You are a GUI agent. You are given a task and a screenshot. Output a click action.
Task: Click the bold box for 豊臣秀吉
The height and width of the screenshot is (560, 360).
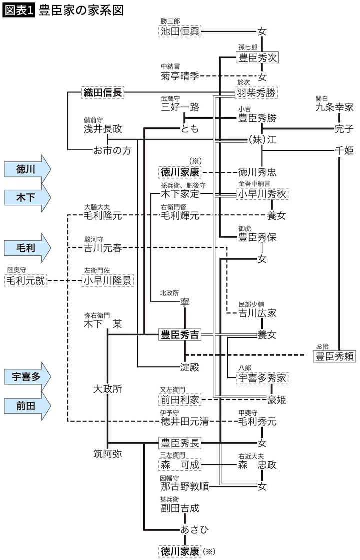[179, 334]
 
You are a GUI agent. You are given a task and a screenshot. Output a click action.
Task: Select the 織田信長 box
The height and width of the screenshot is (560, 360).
[102, 92]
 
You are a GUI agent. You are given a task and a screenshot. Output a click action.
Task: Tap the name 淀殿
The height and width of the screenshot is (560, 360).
[189, 367]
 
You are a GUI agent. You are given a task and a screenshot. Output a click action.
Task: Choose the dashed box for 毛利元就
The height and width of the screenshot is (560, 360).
[25, 280]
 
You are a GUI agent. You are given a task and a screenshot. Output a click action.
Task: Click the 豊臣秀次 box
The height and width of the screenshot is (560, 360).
[257, 58]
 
